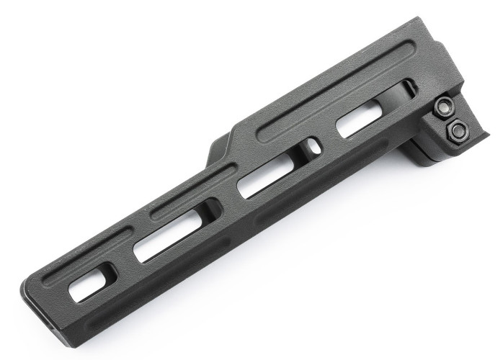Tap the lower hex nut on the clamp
[x=455, y=131]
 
